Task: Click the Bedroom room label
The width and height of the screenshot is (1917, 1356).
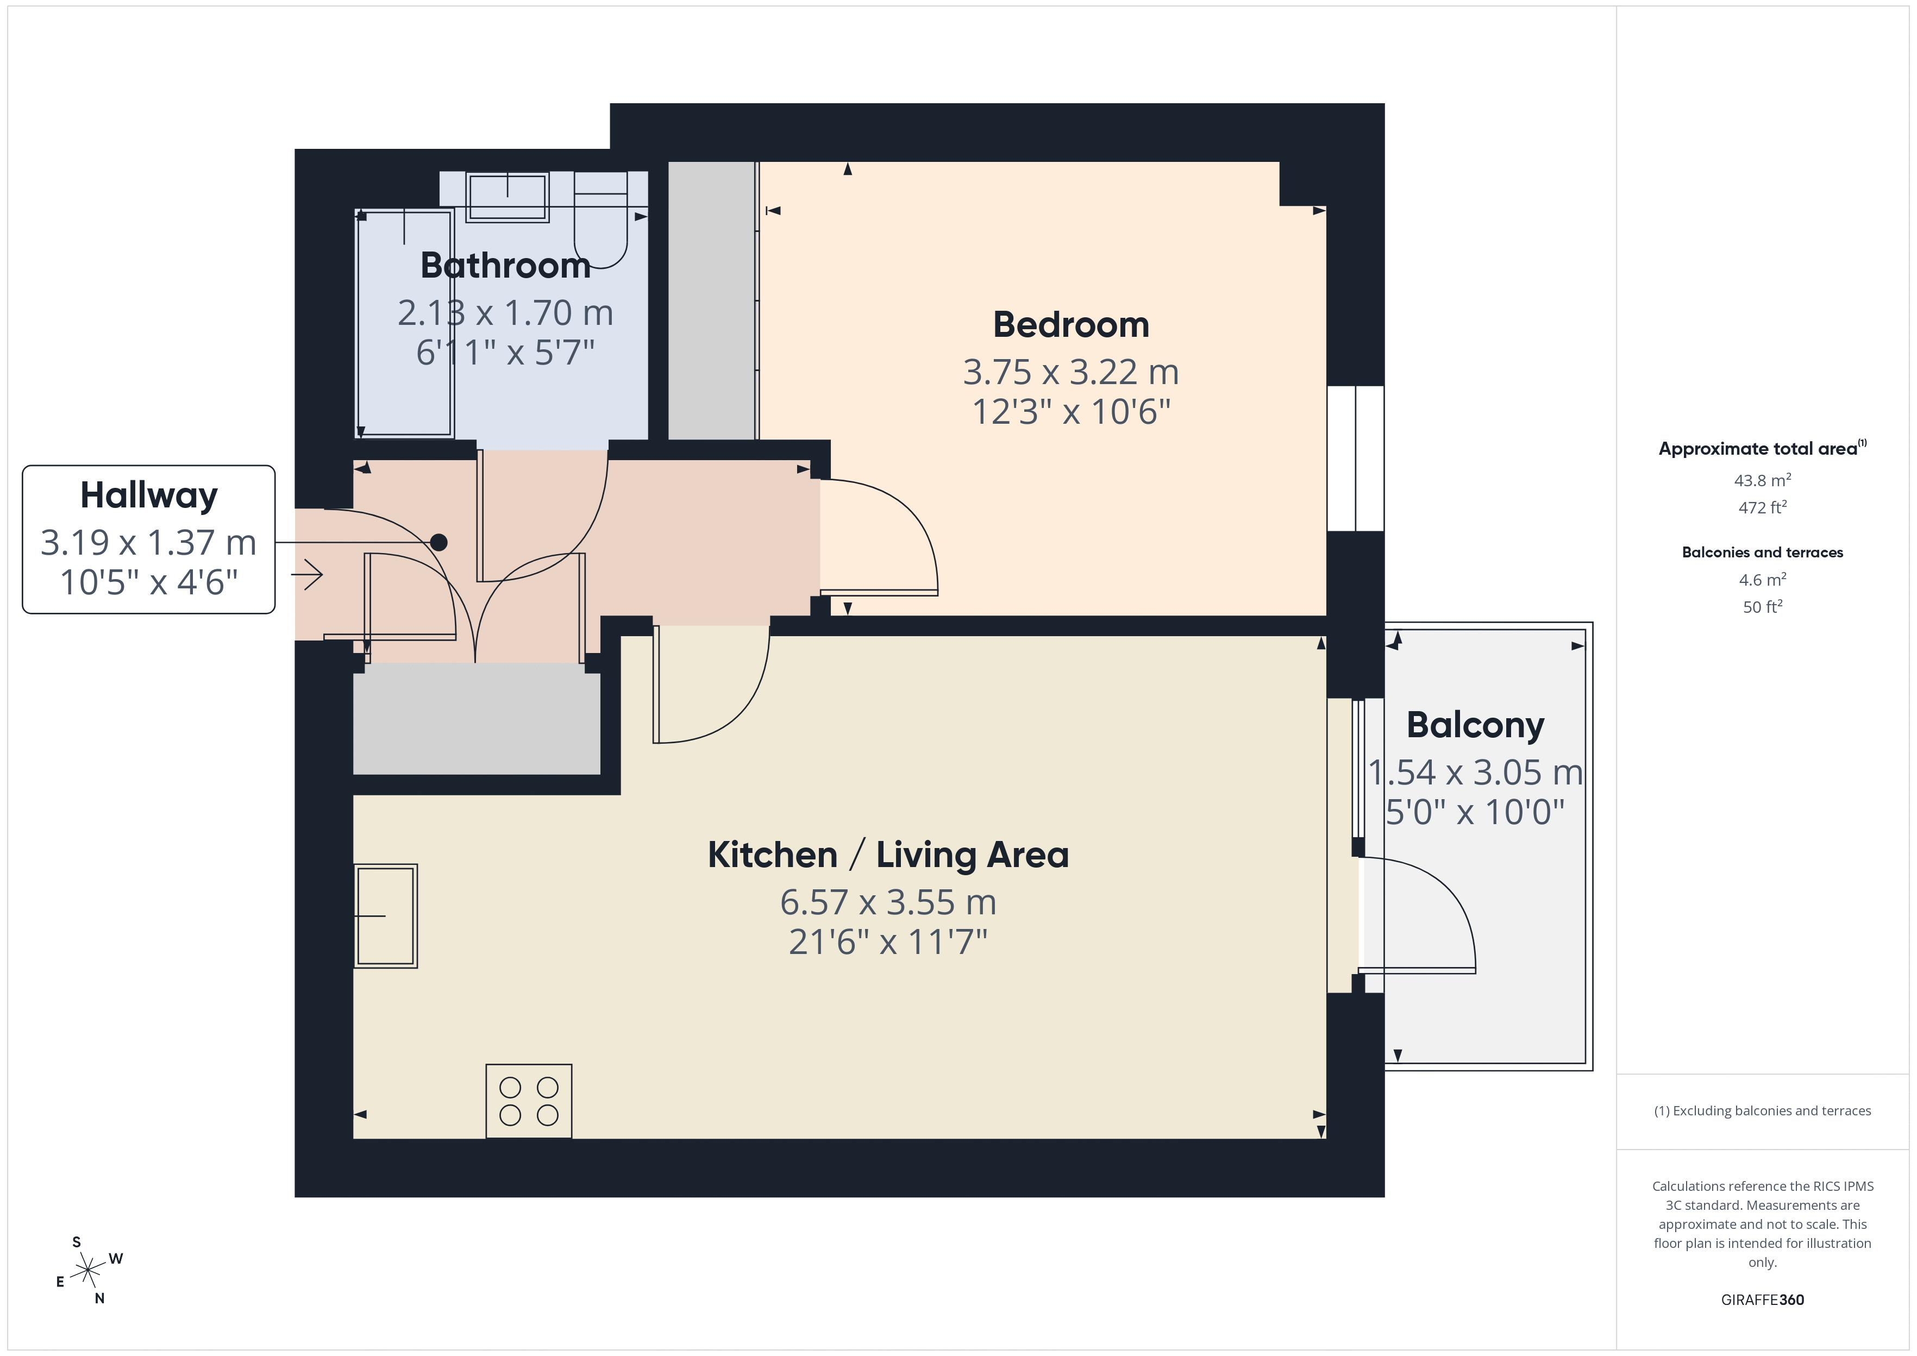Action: click(1070, 325)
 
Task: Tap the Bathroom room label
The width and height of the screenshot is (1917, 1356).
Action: click(505, 266)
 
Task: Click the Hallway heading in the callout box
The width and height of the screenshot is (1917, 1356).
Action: click(149, 495)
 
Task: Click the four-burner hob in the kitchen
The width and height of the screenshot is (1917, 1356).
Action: click(529, 1101)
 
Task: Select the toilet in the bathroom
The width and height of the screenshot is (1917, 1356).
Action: click(601, 221)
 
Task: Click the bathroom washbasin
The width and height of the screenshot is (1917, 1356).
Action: click(507, 197)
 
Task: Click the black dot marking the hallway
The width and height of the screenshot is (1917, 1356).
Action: click(438, 543)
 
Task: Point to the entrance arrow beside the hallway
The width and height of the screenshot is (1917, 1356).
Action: click(307, 574)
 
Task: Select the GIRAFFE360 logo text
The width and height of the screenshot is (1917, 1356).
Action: click(1763, 1300)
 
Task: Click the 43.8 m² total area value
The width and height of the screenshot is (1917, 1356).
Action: click(1763, 480)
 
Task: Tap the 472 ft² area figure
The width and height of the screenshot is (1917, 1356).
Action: click(1763, 507)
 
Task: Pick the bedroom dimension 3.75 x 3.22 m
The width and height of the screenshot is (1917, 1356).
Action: click(1070, 372)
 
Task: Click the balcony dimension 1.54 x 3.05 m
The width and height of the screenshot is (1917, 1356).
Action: click(1475, 773)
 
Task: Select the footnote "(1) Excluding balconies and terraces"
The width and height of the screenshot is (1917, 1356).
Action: click(1763, 1110)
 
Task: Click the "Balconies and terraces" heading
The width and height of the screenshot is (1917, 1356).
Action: click(1763, 553)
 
